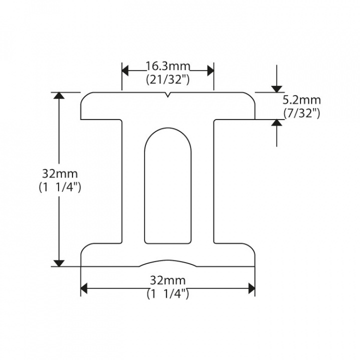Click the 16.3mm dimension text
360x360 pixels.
click(167, 66)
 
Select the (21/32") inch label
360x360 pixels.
click(167, 78)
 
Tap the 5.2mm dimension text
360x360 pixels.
click(301, 101)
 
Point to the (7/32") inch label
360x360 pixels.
click(301, 113)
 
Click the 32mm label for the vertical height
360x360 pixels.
click(60, 174)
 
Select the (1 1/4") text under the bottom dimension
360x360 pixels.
click(167, 294)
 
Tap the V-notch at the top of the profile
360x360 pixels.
click(168, 95)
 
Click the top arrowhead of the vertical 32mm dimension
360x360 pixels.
click(59, 96)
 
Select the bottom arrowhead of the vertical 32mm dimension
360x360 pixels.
click(59, 262)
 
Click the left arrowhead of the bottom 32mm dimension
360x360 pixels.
click(84, 288)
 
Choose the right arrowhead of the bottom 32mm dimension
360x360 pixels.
click(251, 288)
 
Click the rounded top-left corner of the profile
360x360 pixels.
click(83, 96)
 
